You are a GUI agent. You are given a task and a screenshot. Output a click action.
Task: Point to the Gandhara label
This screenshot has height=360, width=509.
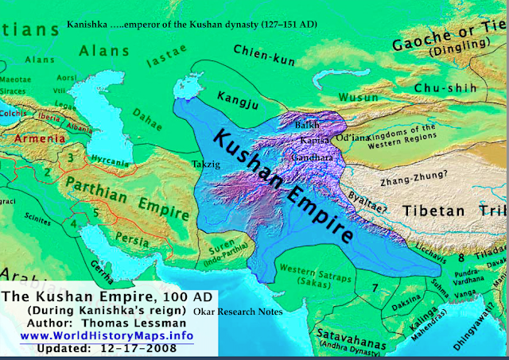coord(317,157)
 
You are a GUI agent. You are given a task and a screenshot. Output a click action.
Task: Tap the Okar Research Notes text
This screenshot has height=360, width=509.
coord(249,312)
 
